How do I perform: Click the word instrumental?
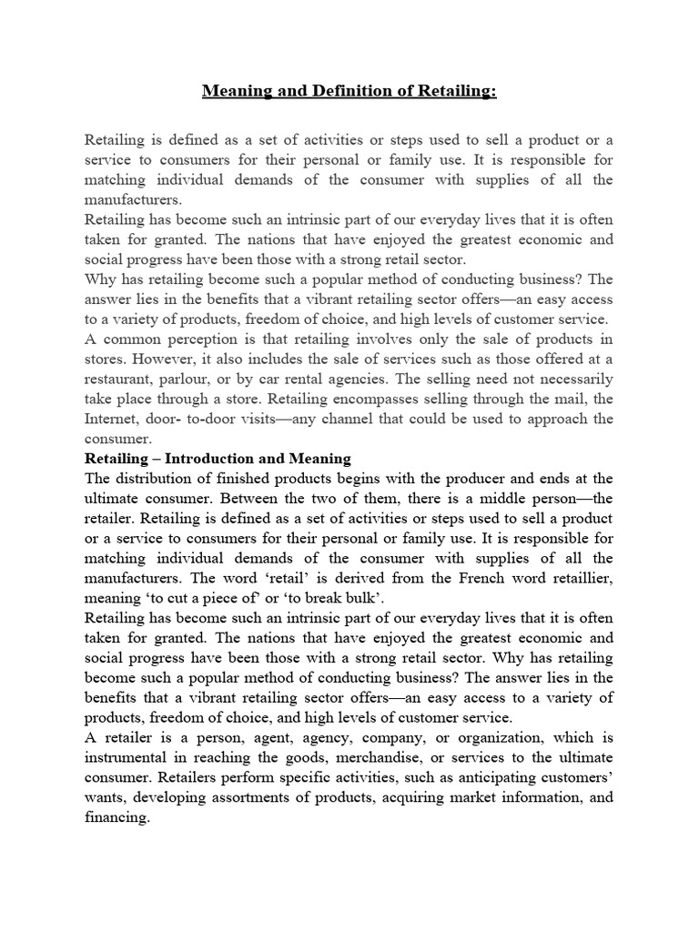point(130,758)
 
